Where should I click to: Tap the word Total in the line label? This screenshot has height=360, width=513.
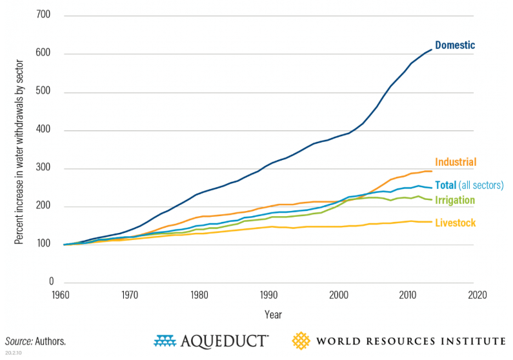(447, 185)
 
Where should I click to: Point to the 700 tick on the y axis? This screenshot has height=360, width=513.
(44, 15)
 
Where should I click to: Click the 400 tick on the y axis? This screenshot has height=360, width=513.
(44, 130)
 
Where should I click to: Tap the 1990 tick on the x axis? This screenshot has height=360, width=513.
(270, 295)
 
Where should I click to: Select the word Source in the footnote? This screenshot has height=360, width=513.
(19, 341)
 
